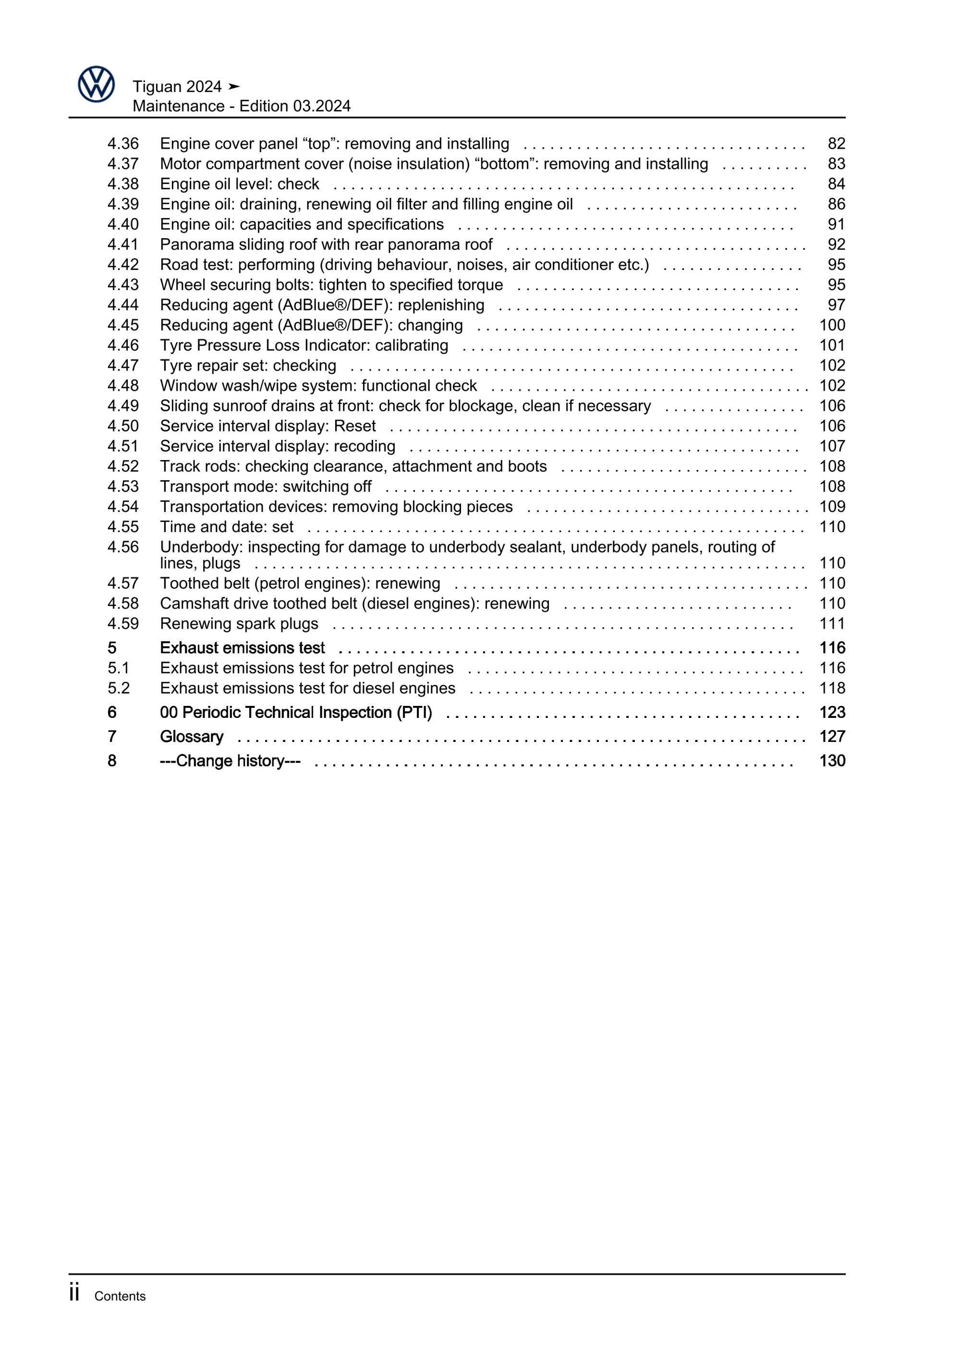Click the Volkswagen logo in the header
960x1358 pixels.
coord(96,85)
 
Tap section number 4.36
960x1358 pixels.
coord(123,144)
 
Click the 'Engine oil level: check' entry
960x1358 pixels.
coord(240,184)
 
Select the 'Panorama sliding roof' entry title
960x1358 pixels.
coord(326,244)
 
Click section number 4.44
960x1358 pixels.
coord(123,305)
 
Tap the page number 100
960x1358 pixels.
coord(832,325)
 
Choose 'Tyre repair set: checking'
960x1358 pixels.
coord(248,365)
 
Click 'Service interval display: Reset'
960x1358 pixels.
coord(268,426)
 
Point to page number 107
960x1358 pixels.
coord(832,446)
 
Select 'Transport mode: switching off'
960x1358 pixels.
coord(266,486)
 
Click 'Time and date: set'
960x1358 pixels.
coord(227,527)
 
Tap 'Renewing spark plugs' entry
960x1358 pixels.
coord(239,623)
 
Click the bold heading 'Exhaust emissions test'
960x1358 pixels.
coord(243,648)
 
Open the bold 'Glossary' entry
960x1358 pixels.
coord(192,736)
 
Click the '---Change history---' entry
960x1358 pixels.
coord(230,761)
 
